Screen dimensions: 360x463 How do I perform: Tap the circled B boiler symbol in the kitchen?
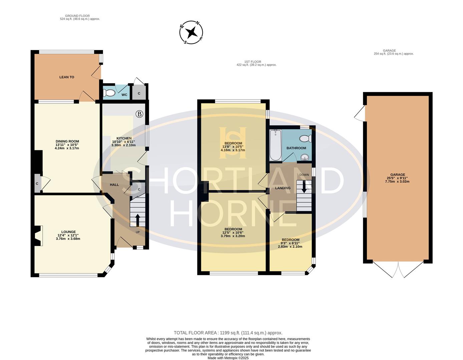tap(139, 114)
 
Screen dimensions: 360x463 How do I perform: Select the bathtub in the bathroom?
tap(276, 145)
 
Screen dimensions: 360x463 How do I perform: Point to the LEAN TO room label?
tap(67, 77)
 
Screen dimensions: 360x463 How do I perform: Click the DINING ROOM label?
tap(67, 141)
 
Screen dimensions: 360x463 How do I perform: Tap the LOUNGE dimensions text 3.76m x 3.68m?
tap(68, 239)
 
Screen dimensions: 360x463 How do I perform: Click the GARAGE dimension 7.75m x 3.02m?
tap(398, 181)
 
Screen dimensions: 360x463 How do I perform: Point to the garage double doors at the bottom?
tap(398, 269)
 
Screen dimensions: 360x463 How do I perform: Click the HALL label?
tap(114, 185)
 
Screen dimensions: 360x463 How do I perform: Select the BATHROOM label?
tap(296, 148)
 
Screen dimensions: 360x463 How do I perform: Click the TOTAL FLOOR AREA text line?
tap(228, 333)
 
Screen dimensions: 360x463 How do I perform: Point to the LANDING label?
tap(283, 188)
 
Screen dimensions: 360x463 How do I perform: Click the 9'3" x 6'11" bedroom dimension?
tap(291, 243)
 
